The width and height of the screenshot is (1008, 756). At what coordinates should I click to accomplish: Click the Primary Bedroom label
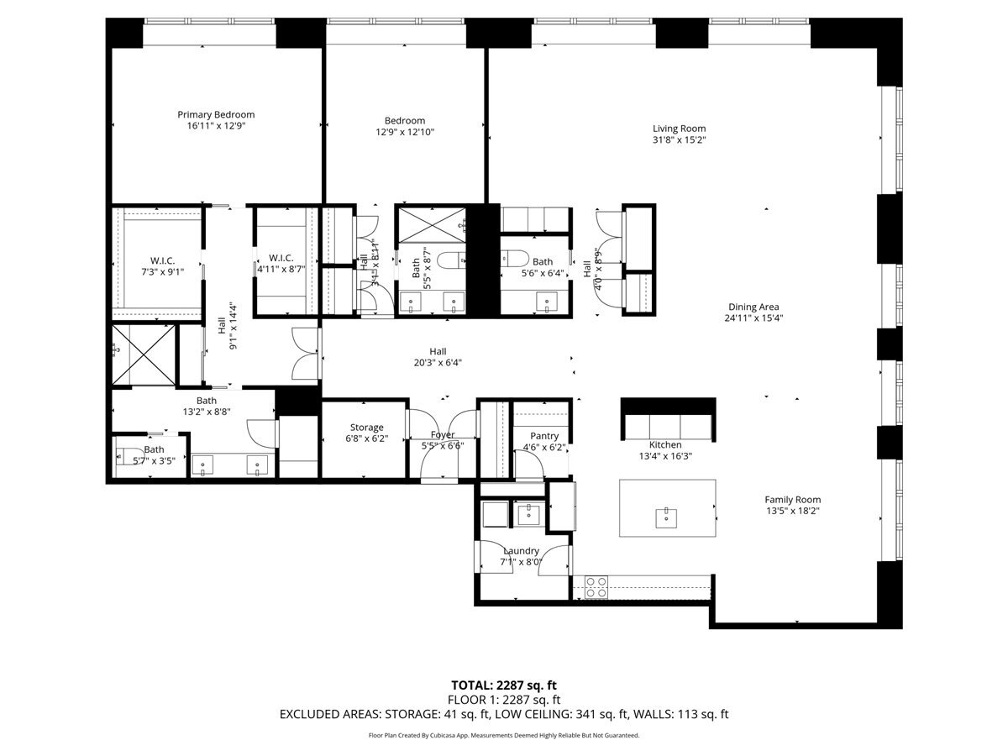pos(216,114)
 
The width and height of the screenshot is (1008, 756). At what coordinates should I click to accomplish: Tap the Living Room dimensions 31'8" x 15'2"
pos(679,140)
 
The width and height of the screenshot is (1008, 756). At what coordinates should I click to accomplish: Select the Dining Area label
pos(753,307)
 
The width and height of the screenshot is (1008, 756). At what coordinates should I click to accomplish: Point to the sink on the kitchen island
pos(665,518)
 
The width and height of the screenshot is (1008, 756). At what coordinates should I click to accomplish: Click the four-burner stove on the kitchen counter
pos(596,587)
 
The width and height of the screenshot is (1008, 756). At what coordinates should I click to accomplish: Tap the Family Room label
pos(793,500)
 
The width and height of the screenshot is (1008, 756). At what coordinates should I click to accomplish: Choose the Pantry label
pos(544,436)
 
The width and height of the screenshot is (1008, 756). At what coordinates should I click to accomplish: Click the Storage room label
pos(366,428)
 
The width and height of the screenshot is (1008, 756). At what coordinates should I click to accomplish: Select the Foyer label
pos(443,434)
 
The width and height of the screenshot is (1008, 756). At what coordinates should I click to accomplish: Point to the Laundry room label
pos(522,551)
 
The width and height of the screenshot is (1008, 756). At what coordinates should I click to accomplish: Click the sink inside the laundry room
pos(529,514)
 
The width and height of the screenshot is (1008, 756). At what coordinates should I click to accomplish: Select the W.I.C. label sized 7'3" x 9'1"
pos(163,260)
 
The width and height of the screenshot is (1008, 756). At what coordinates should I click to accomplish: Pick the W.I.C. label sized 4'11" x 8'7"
pos(281,258)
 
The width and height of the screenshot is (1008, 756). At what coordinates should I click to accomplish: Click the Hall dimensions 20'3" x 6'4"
pos(438,363)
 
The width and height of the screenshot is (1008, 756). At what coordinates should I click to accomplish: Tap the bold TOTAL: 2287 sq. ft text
pos(504,685)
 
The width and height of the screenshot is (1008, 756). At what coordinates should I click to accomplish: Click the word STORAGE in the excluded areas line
pos(412,714)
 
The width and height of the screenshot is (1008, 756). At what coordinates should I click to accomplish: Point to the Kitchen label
pos(665,444)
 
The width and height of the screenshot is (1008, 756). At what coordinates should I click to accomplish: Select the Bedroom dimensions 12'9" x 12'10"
pos(405,132)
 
